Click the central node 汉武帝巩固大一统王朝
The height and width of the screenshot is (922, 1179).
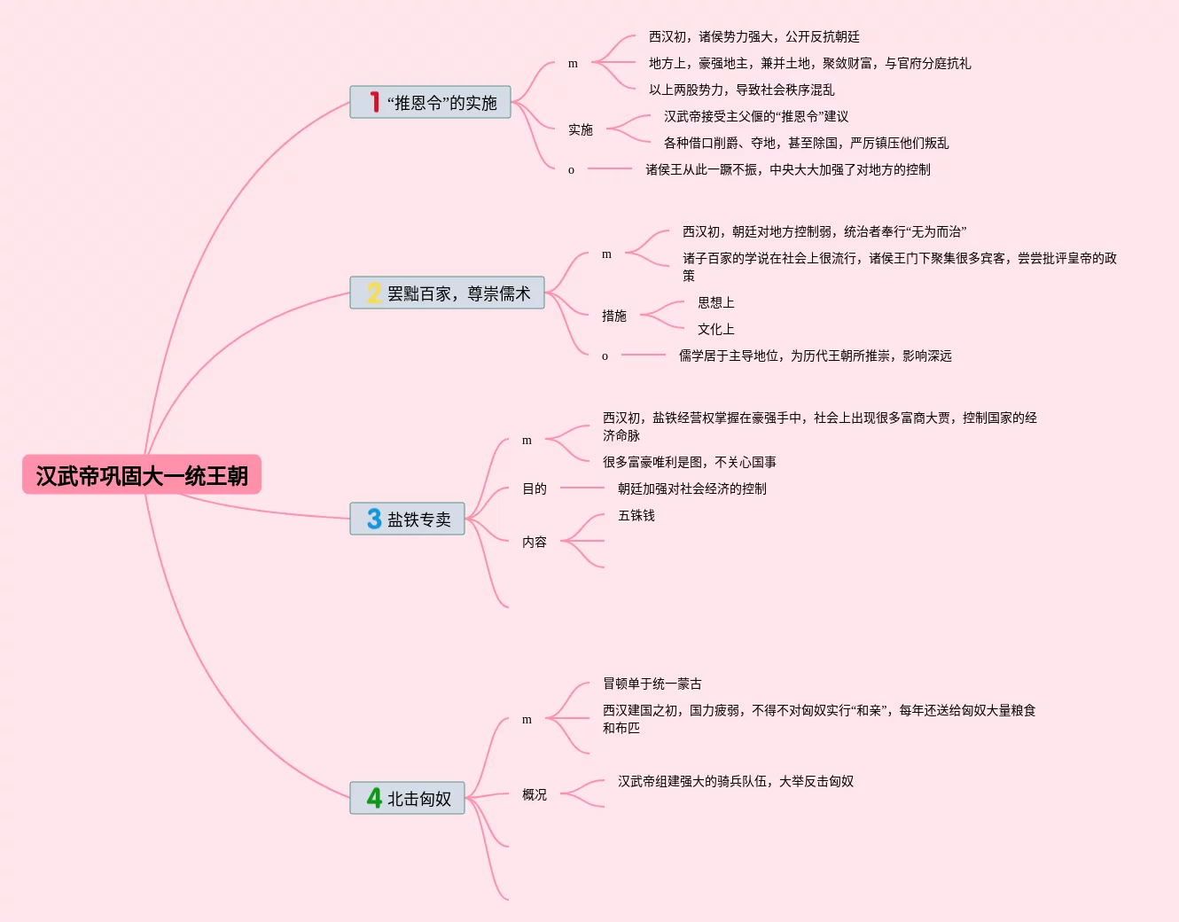point(142,475)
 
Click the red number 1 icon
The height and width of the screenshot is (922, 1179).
point(375,103)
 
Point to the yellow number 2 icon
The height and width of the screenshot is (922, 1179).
point(374,293)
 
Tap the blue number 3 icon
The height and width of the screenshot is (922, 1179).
point(374,520)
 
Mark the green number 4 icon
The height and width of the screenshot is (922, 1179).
point(374,799)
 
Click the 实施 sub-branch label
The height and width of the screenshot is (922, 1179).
point(581,129)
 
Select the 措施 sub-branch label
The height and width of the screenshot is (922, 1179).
point(614,316)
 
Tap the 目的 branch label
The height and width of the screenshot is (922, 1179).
point(535,488)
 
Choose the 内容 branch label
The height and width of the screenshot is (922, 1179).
point(535,542)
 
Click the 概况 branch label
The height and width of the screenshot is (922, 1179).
point(535,794)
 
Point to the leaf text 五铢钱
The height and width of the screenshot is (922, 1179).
point(636,515)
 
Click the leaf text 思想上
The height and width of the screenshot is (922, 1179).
point(716,302)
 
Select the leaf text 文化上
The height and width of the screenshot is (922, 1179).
point(716,329)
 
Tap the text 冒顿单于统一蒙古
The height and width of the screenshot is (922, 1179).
point(652,684)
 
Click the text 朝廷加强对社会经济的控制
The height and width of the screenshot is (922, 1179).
point(692,488)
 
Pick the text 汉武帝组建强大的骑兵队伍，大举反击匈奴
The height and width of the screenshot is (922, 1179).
point(736,781)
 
